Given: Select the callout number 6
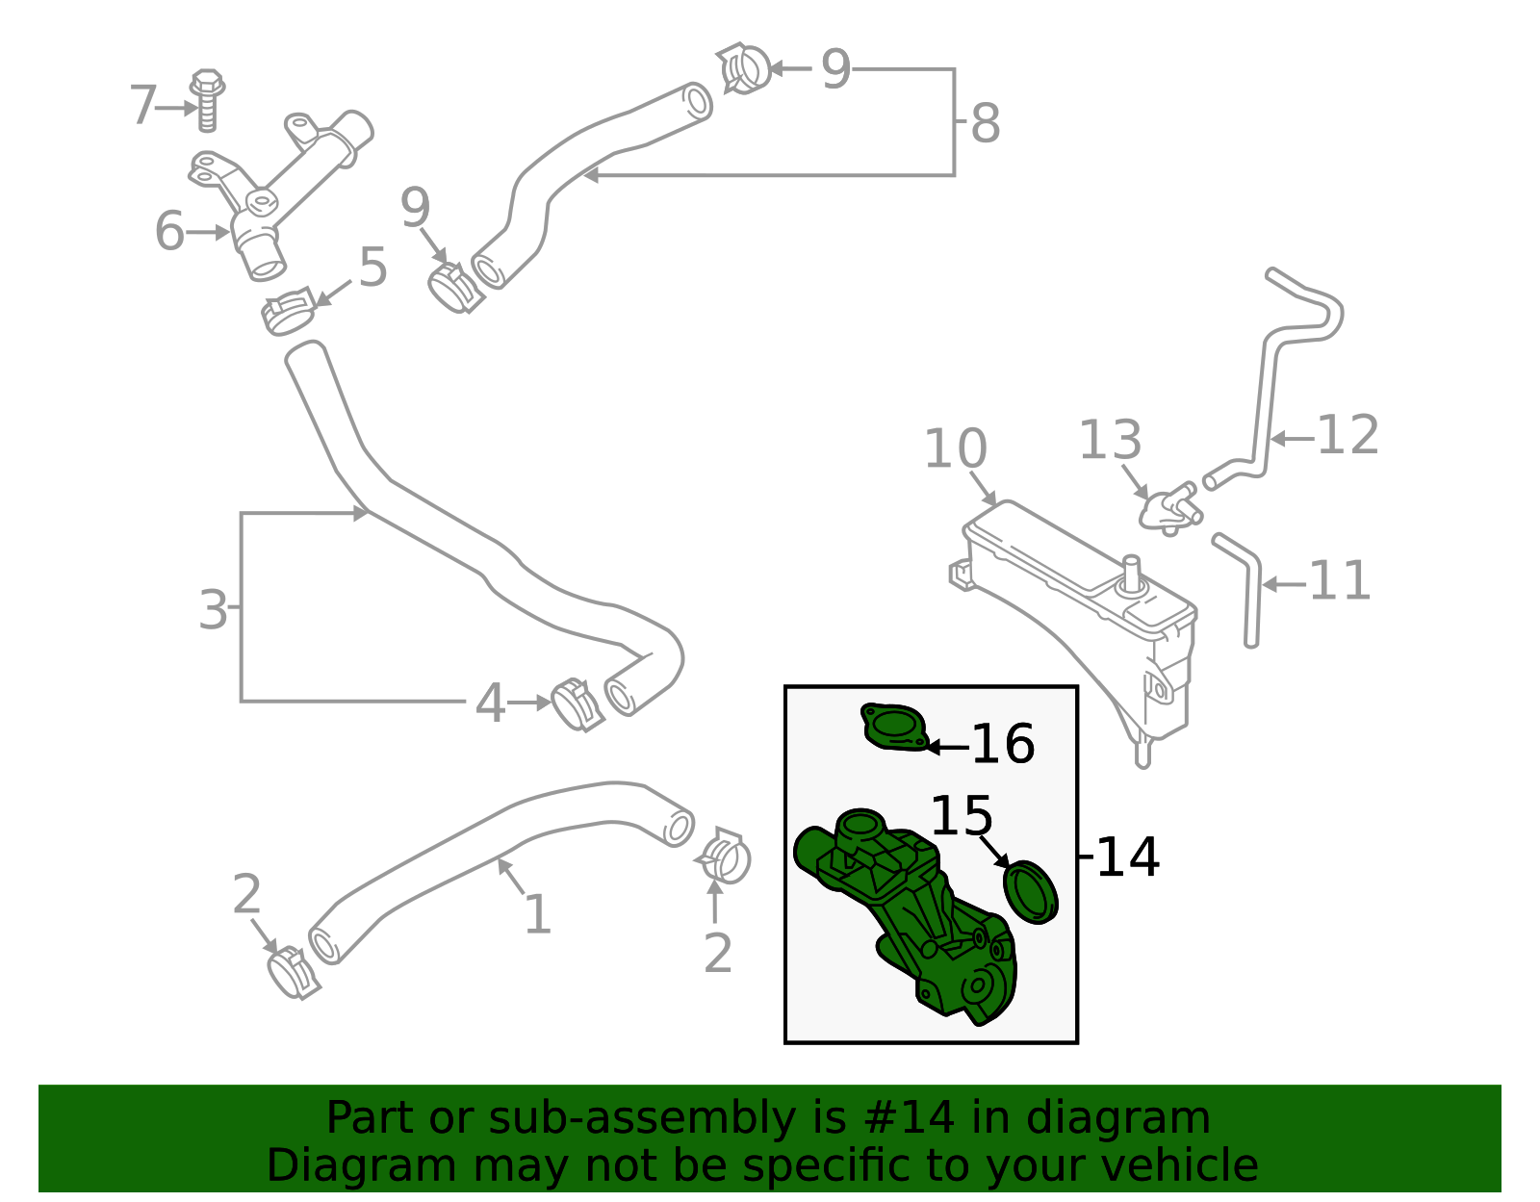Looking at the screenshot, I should [169, 232].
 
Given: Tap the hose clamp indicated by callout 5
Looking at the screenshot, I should [289, 310].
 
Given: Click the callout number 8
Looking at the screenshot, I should [985, 124].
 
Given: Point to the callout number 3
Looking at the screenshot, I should [213, 610].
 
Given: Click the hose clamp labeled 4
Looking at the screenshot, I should [577, 704].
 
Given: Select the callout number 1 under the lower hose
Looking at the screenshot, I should [536, 914].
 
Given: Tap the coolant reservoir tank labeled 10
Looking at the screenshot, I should [1078, 616].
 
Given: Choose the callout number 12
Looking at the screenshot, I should [1347, 435].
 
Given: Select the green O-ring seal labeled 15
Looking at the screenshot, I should [1030, 892].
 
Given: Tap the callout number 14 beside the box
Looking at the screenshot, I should [1127, 857].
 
